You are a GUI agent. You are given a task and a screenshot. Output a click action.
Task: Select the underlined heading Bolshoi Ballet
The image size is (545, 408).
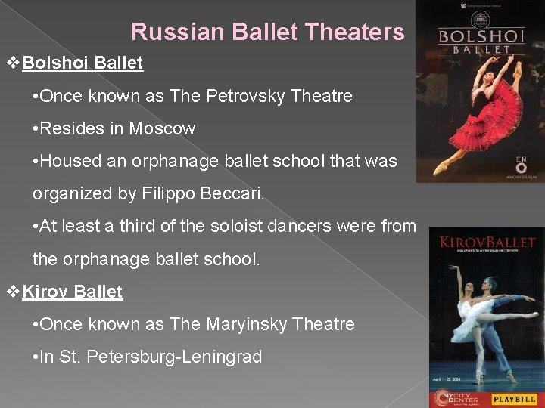83,63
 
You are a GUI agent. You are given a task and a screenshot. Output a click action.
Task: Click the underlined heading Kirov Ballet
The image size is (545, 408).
73,292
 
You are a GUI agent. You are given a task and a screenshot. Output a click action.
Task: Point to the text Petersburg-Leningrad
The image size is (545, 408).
175,357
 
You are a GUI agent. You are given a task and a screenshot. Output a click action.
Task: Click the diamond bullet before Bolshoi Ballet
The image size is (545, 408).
13,63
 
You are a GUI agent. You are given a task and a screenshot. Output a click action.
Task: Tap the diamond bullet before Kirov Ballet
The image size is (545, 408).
13,292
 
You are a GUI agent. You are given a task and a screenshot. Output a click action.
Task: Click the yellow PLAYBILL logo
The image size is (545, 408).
514,398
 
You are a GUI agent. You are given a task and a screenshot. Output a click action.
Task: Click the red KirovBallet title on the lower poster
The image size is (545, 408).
487,243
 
